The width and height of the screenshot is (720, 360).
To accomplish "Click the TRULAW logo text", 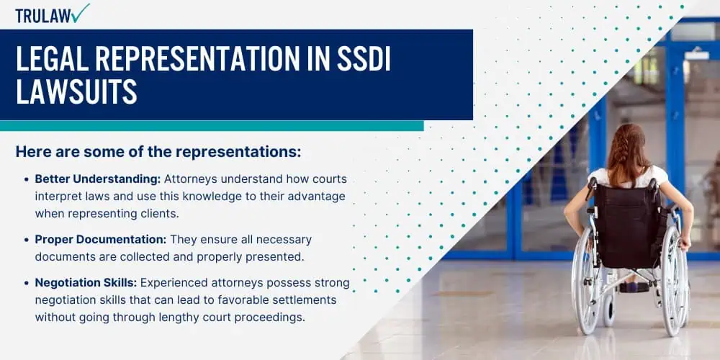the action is (x=43, y=16).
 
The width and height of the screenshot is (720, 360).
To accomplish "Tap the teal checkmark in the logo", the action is (x=81, y=13).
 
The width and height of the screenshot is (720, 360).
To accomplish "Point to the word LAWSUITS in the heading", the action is (x=77, y=91).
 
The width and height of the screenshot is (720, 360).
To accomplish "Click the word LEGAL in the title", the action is (x=48, y=58).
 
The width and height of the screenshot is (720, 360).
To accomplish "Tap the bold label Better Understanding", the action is (x=98, y=179).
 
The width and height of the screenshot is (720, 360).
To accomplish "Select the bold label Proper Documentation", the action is (x=100, y=239).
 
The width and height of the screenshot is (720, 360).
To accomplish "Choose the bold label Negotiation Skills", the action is (x=86, y=283).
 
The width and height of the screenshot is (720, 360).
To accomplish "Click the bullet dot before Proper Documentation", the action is (x=26, y=240).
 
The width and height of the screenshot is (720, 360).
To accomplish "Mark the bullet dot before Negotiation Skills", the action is (x=26, y=283).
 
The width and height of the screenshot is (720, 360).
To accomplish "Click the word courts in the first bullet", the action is (x=330, y=179).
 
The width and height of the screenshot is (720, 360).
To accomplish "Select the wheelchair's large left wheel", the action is (x=585, y=281).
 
